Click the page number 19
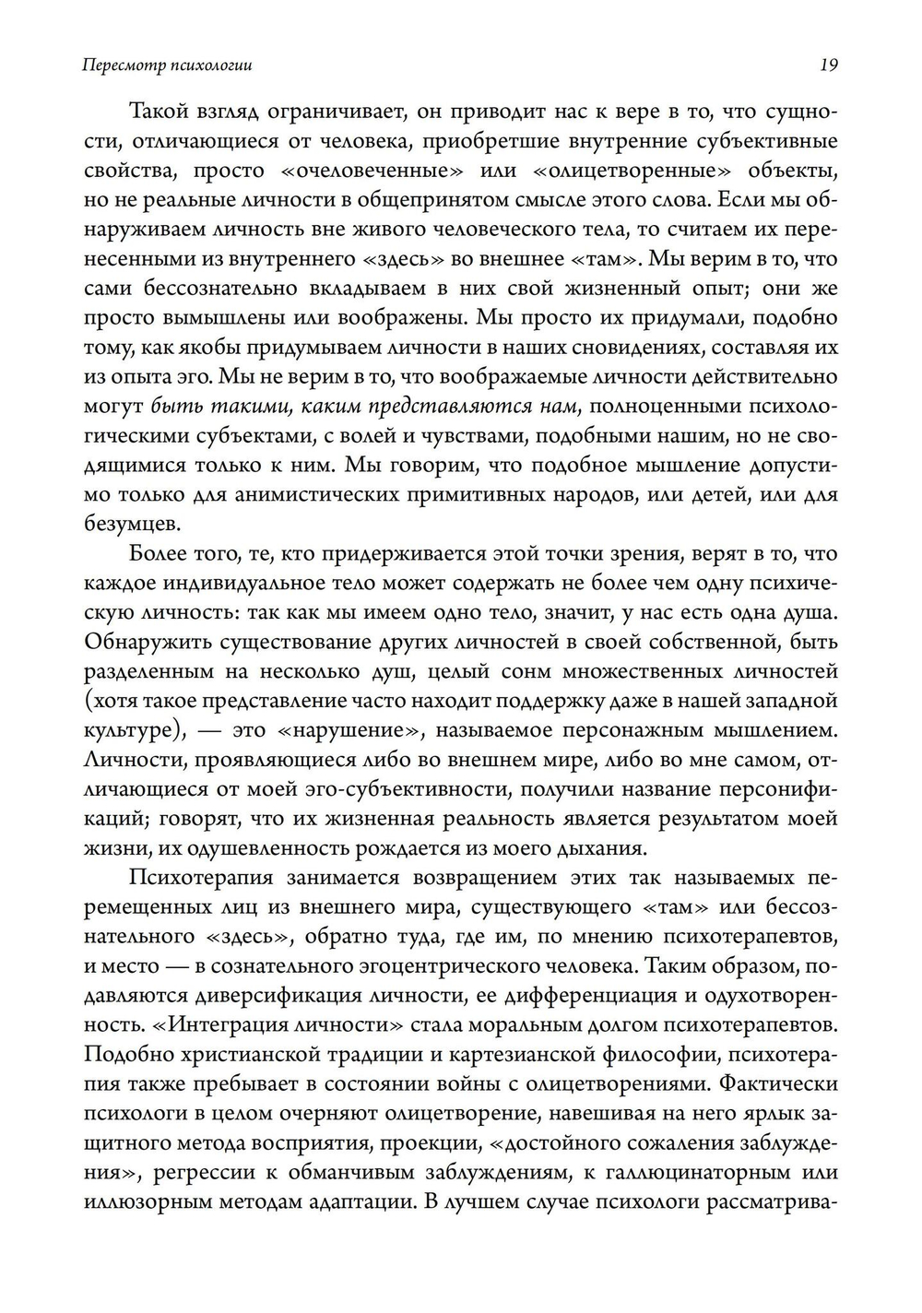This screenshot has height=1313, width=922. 827,65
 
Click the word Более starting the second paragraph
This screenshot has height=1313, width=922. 161,554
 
